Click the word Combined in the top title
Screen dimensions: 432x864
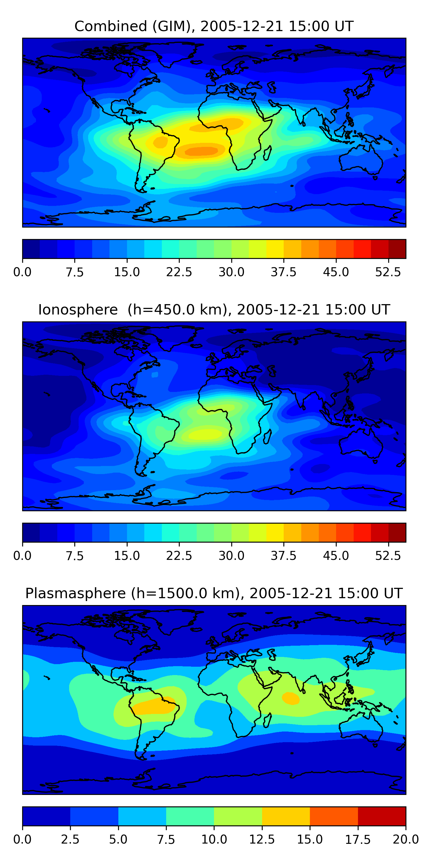111,26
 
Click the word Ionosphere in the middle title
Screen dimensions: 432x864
78,310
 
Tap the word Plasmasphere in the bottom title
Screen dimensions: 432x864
75,594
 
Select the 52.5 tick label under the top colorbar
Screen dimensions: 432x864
388,272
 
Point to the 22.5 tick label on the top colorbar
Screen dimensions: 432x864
179,272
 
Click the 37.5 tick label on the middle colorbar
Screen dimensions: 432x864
284,556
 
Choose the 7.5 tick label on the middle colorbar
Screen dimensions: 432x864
75,556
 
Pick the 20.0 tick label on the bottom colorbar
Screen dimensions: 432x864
406,840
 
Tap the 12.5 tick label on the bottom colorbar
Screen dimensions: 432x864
262,840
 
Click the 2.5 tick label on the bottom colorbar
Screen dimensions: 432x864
70,840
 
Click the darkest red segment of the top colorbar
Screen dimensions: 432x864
397,249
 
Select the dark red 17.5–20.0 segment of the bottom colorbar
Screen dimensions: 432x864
382,816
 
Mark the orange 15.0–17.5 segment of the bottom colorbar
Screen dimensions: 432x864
334,816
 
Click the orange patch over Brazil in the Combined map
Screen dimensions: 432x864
161,142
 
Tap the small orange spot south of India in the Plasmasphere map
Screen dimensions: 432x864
291,698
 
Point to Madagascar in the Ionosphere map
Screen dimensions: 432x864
267,437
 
